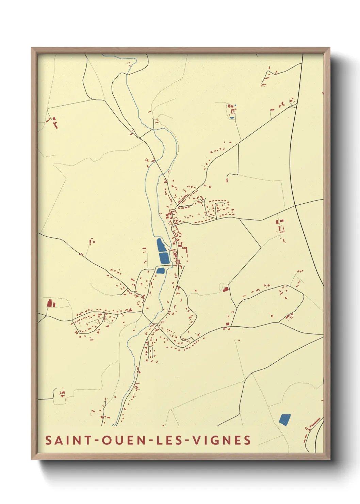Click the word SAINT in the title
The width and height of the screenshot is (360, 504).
pyautogui.click(x=67, y=440)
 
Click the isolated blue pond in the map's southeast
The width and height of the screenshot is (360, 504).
pyautogui.click(x=285, y=419)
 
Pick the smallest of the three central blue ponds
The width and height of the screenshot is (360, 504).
pyautogui.click(x=160, y=271)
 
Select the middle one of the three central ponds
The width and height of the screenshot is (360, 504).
pyautogui.click(x=164, y=258)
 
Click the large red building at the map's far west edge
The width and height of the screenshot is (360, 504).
pyautogui.click(x=50, y=303)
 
